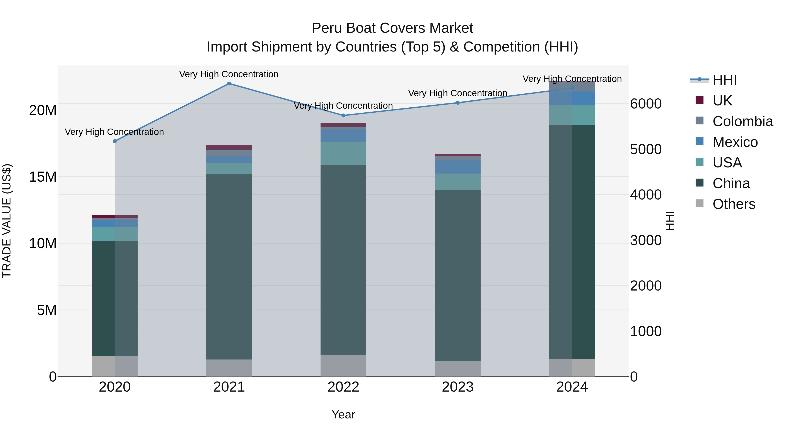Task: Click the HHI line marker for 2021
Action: [x=229, y=84]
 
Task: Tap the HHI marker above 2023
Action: [x=458, y=103]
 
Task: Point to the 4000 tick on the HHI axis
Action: [x=646, y=195]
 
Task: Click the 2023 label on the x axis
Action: [x=458, y=387]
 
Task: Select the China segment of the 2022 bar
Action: [x=343, y=259]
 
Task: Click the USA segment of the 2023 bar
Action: [x=458, y=182]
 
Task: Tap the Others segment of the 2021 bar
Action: [x=229, y=368]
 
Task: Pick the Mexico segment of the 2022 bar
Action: [x=343, y=136]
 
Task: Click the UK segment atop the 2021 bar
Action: [x=229, y=147]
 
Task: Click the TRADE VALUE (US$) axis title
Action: [x=7, y=221]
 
